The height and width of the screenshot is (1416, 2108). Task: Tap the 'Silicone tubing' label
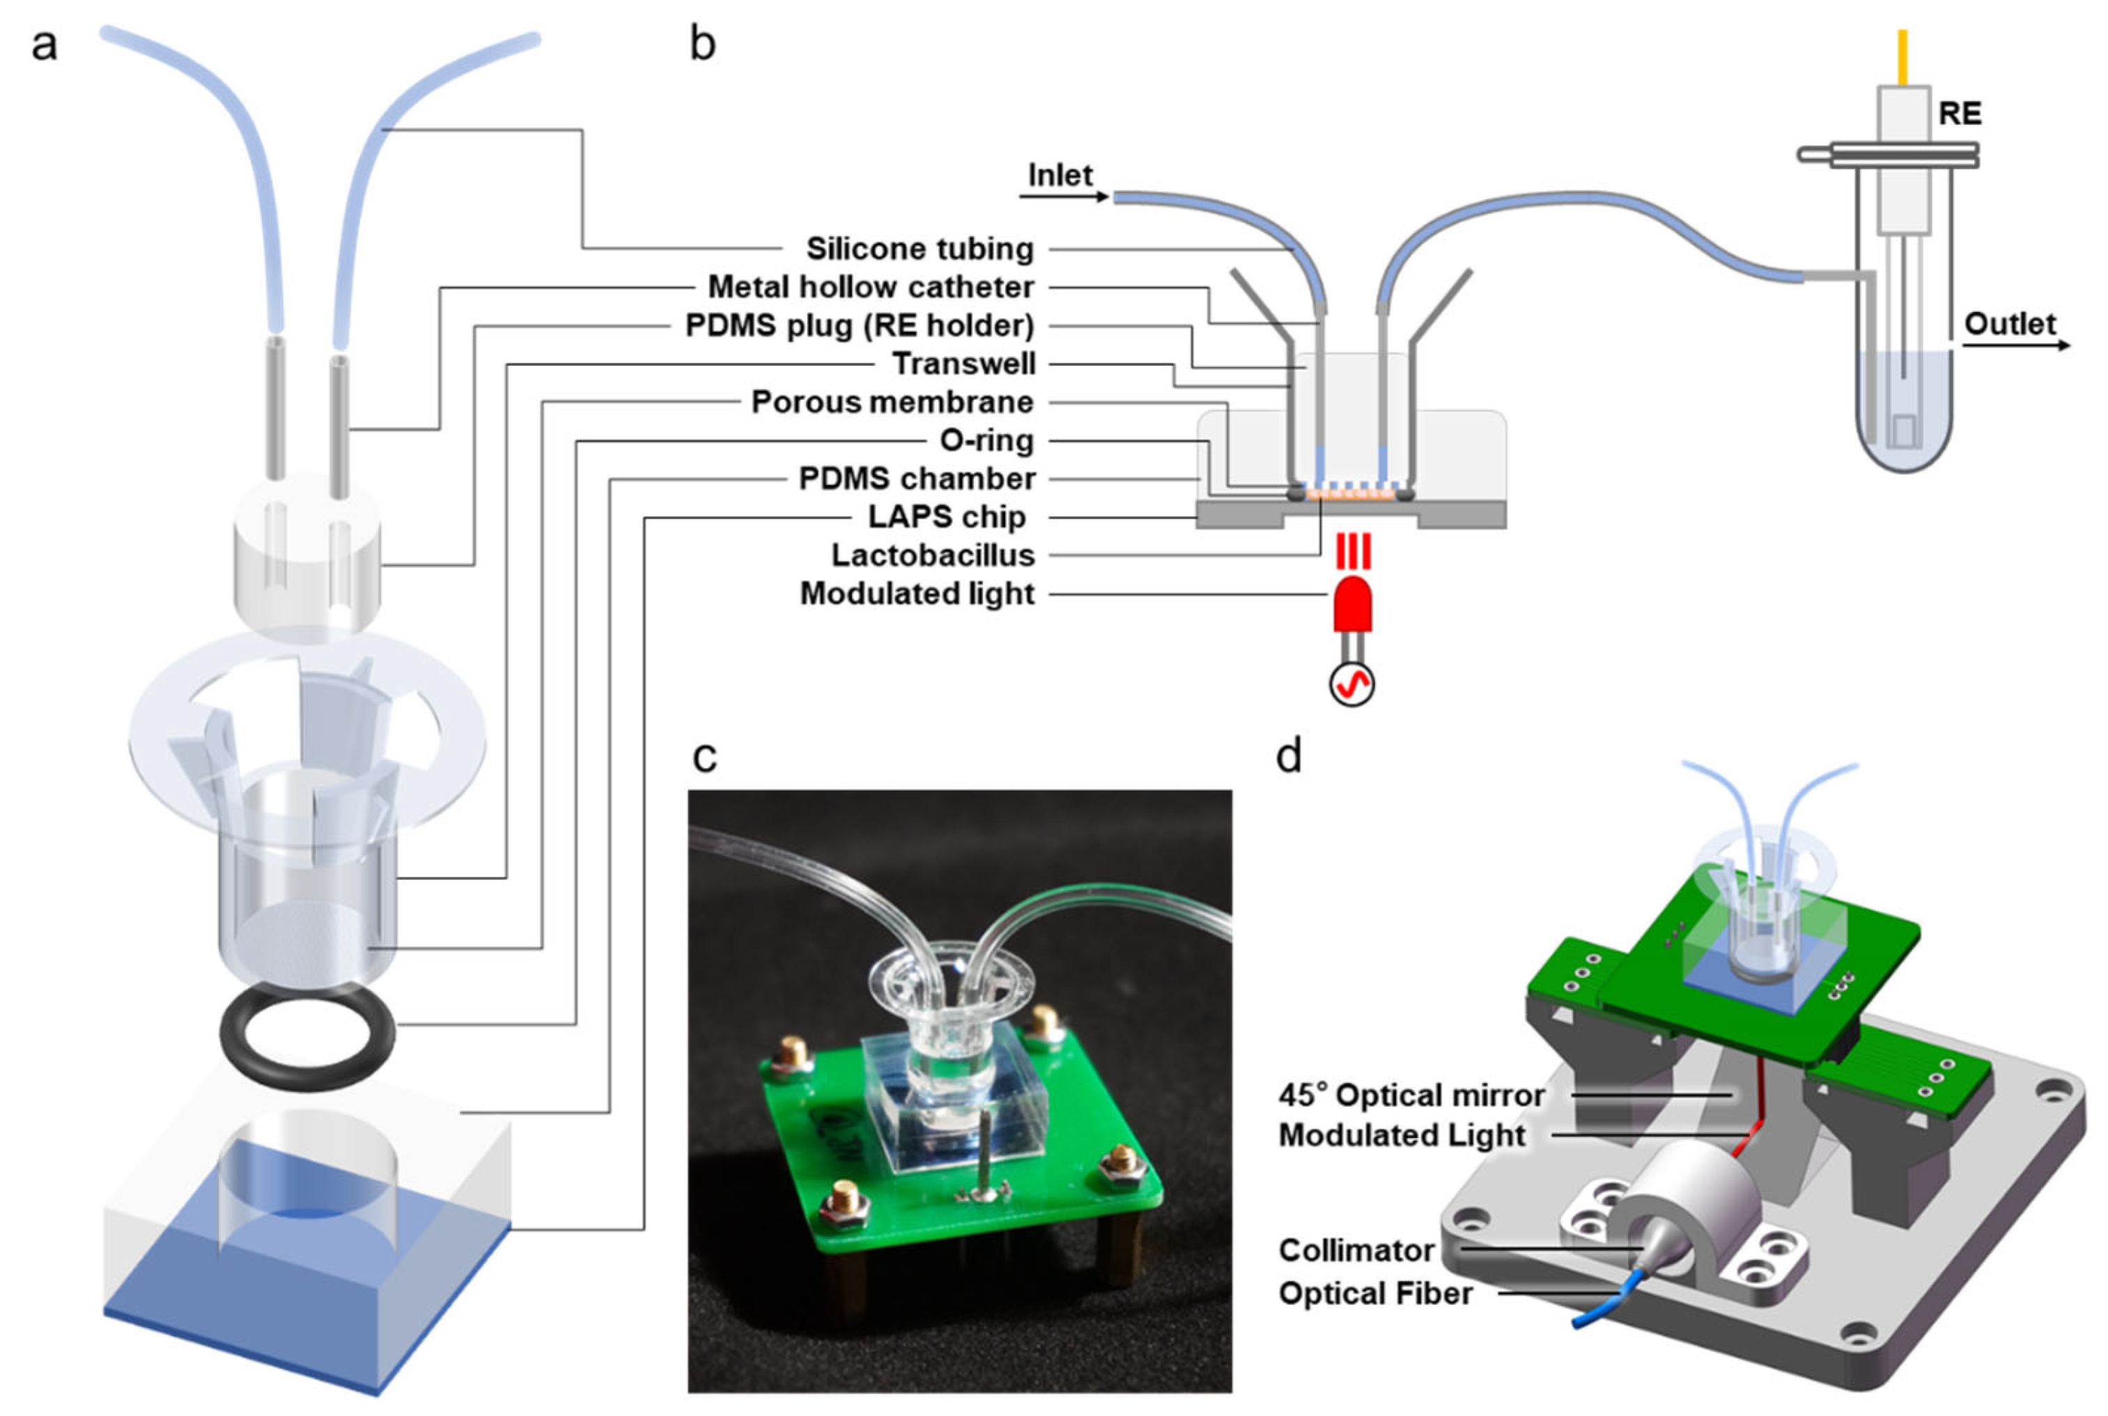[x=920, y=249]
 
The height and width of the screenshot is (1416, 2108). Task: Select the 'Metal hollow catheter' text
[x=871, y=287]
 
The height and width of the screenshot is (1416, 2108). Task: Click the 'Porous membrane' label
[x=892, y=402]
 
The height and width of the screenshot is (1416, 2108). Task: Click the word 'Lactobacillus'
[x=932, y=554]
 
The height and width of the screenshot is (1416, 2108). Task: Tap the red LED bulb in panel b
[x=1352, y=604]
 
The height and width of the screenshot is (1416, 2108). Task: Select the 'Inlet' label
[x=1060, y=174]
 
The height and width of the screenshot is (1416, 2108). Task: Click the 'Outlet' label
[x=2010, y=323]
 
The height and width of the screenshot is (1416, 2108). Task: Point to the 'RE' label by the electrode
[x=1960, y=114]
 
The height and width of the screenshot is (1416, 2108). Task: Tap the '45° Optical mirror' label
[x=1411, y=1096]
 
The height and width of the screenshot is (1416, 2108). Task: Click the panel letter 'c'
[x=704, y=757]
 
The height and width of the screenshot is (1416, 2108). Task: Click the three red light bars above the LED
[x=1353, y=551]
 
